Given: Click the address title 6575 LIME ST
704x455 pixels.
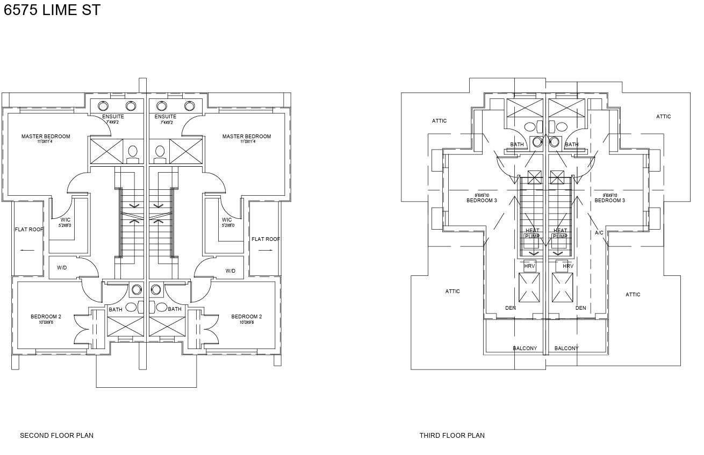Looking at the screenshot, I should [52, 10].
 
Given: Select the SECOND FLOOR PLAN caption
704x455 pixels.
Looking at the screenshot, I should [56, 436].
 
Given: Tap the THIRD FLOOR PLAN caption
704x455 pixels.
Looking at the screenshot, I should [452, 436].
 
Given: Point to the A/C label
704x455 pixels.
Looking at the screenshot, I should [599, 233].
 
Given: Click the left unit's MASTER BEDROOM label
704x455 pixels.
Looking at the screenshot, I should [46, 137].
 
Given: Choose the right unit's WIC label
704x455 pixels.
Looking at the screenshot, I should [227, 220].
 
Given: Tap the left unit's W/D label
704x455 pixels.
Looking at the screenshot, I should [62, 268].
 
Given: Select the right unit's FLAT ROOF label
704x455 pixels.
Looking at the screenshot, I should [265, 239].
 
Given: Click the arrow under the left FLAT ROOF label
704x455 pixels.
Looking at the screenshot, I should [27, 250].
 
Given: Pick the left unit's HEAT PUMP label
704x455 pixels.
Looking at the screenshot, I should [532, 233].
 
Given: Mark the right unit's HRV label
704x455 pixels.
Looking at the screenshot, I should [568, 266].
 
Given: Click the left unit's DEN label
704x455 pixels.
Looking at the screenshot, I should [511, 308].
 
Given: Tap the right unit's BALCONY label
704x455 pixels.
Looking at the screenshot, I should [566, 349].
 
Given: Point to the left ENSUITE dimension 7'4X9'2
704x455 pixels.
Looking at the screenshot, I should [113, 123].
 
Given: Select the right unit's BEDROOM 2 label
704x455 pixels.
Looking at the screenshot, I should [247, 317].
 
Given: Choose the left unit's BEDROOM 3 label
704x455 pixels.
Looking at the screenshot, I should [482, 201].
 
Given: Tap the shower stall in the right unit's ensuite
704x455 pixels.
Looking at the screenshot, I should [186, 151].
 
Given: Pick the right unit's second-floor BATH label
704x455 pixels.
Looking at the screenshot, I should [175, 309].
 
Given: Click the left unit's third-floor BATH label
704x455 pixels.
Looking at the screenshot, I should [517, 145].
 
